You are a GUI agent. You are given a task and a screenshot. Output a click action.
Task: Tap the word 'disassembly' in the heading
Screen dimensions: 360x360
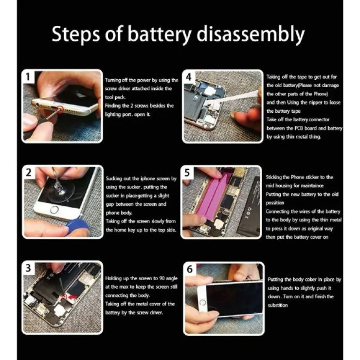point(251,34)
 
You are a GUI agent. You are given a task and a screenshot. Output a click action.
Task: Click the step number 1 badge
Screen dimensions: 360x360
point(28,77)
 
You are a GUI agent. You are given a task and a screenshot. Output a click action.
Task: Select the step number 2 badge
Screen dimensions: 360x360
point(29,172)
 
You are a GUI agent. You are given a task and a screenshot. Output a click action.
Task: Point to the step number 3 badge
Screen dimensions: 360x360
point(28,268)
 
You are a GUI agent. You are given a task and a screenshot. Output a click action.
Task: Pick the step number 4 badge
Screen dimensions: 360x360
point(189,77)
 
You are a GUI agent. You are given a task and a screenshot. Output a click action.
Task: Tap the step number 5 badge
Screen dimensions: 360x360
point(187,172)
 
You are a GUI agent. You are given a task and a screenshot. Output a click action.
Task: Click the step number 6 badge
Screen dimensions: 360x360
point(190,269)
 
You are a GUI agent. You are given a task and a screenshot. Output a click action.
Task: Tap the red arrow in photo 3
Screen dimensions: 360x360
point(72,297)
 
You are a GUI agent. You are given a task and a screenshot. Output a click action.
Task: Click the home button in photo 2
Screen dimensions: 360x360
point(54,209)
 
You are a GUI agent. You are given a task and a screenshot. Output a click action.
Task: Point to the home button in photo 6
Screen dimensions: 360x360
point(202,303)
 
